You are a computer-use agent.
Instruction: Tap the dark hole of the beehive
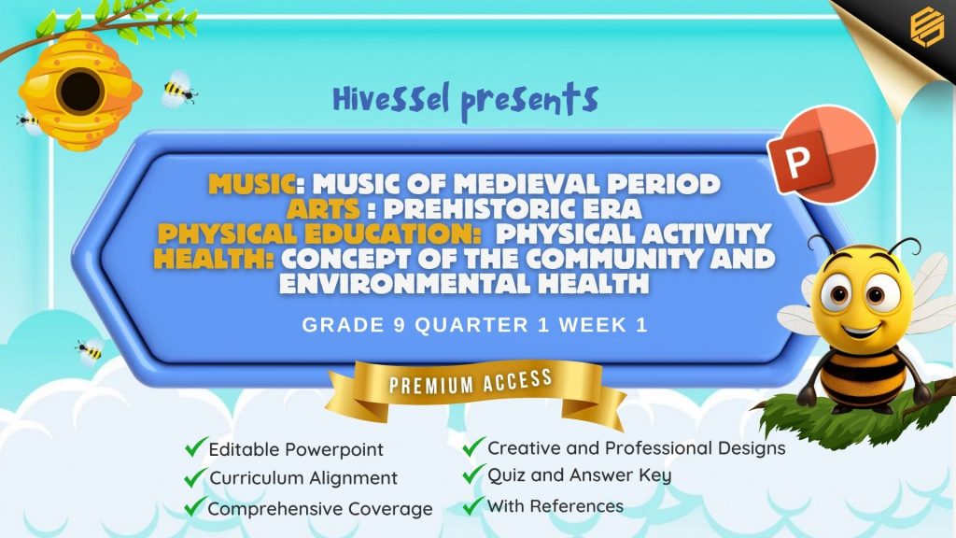(80, 91)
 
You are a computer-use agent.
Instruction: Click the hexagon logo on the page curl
(927, 25)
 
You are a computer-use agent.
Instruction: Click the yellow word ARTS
(323, 209)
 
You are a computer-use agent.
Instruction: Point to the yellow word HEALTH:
(214, 259)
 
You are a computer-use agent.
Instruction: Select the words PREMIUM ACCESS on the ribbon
(471, 382)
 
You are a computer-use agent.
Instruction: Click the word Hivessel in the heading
(391, 99)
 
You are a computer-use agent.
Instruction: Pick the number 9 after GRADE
(400, 325)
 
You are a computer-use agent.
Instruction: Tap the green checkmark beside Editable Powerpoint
(195, 447)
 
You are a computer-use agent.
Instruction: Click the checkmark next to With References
(473, 505)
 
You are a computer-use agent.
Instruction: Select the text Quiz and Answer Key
(579, 475)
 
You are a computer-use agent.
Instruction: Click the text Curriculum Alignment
(303, 478)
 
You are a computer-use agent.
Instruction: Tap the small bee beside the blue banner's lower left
(90, 351)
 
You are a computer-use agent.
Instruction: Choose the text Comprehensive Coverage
(320, 509)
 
